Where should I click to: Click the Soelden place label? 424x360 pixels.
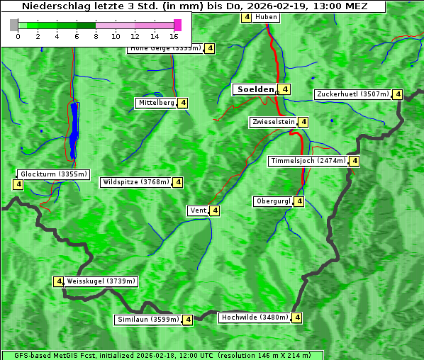(255, 89)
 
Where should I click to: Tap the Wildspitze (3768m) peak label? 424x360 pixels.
(136, 182)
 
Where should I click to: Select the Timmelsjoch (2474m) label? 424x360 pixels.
(308, 161)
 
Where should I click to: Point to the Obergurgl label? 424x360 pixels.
(273, 201)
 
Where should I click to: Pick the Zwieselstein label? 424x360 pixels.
(273, 122)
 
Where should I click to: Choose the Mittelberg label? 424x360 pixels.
(156, 103)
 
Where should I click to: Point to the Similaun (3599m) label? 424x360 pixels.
(147, 320)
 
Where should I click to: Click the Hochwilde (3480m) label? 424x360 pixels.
(254, 317)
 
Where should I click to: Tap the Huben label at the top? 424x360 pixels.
(266, 17)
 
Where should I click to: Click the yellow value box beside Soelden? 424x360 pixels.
(284, 89)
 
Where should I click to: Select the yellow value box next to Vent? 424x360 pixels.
(215, 210)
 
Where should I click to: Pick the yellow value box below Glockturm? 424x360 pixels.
(18, 185)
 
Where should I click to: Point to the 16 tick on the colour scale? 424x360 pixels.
(174, 36)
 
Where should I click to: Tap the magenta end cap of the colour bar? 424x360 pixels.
(177, 25)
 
